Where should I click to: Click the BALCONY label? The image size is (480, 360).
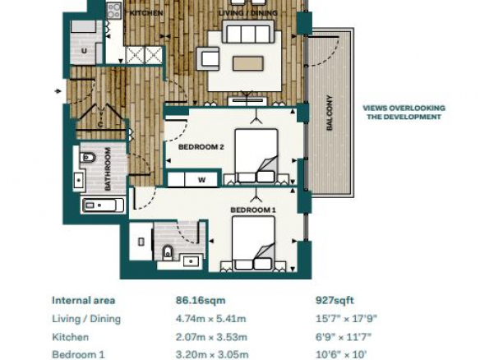330,113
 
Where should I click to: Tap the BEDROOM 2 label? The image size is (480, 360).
201,147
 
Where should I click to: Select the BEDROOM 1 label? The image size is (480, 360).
253,210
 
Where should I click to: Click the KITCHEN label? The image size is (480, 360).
146,13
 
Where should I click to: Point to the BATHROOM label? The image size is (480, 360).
108,169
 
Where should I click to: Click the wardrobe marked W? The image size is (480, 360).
192,179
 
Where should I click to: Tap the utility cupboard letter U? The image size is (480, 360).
84,51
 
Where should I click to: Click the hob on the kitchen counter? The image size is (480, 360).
114,10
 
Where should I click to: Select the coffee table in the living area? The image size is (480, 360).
248,63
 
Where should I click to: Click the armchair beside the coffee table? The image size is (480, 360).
208,58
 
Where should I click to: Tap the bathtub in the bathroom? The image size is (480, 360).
103,205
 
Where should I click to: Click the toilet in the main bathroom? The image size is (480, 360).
87,158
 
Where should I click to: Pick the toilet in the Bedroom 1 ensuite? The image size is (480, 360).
168,252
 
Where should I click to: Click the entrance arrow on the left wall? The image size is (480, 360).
58,91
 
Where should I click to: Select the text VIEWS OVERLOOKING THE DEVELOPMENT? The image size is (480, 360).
404,113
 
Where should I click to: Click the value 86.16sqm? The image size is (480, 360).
201,300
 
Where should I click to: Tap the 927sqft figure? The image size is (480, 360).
335,300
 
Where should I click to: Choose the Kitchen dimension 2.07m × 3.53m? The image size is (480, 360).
211,337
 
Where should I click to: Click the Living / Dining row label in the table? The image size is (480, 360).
86,319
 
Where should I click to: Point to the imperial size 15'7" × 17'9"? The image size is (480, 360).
346,319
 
